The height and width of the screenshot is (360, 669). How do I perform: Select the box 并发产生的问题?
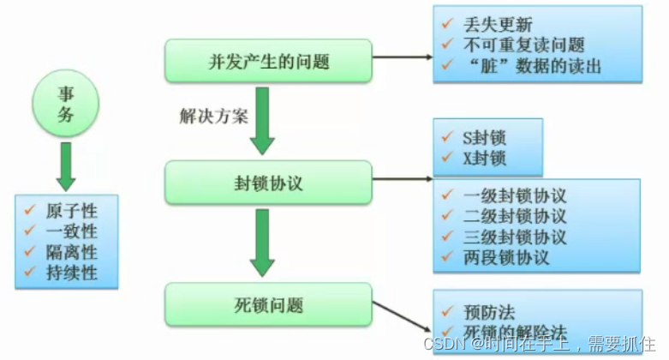click(267, 61)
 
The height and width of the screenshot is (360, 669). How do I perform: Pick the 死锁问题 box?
click(267, 305)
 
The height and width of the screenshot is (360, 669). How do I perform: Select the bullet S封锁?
click(483, 137)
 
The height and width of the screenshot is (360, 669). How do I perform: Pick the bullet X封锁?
click(483, 158)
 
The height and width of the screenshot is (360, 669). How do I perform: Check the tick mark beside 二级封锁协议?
click(446, 217)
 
